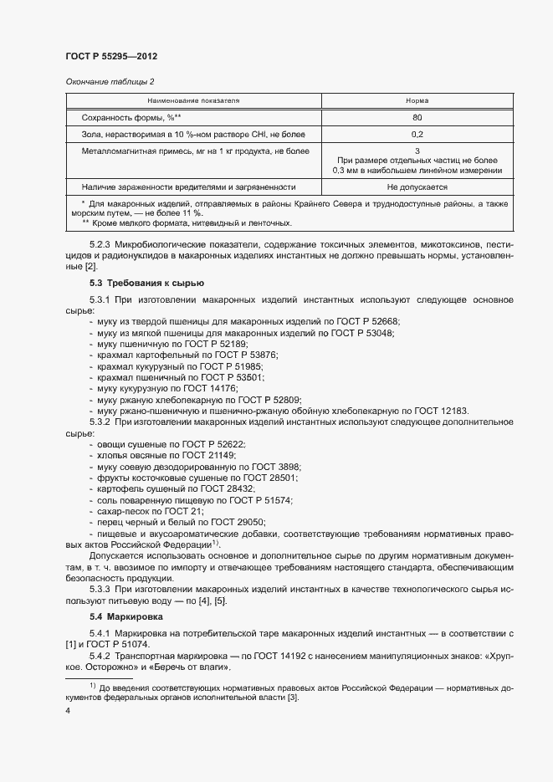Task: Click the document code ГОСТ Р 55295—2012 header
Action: (x=111, y=56)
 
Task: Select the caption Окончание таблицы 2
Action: (x=108, y=81)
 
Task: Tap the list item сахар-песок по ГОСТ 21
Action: (x=151, y=509)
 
